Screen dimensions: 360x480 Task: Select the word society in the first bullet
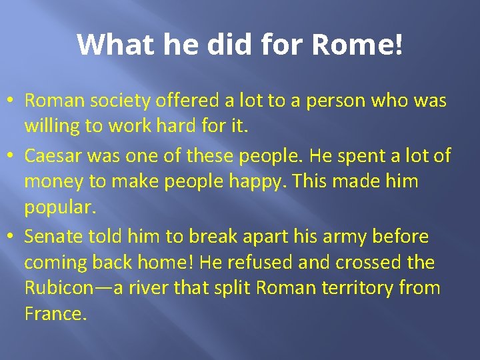(127, 101)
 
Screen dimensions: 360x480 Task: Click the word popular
(61, 208)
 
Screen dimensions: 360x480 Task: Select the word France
(55, 314)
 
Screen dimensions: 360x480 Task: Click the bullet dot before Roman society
(12, 102)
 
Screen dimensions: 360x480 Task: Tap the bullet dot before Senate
(12, 237)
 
